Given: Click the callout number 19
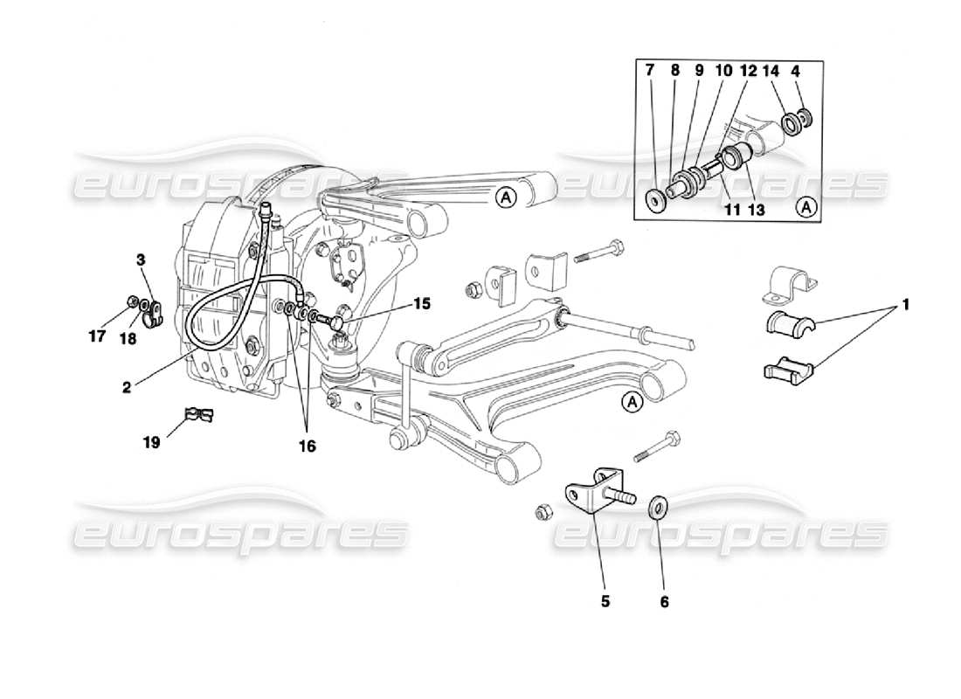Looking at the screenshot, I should tap(152, 443).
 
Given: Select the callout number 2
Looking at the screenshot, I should tap(127, 385).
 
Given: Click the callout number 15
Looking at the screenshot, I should tap(423, 304).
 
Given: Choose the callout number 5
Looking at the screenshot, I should tap(605, 601).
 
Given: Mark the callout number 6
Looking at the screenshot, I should tap(665, 601).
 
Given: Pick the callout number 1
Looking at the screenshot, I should tap(906, 305).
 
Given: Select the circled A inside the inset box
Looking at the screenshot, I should tap(807, 207).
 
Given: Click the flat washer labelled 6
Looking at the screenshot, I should tap(659, 506).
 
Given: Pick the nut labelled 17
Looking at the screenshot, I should tap(131, 303).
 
